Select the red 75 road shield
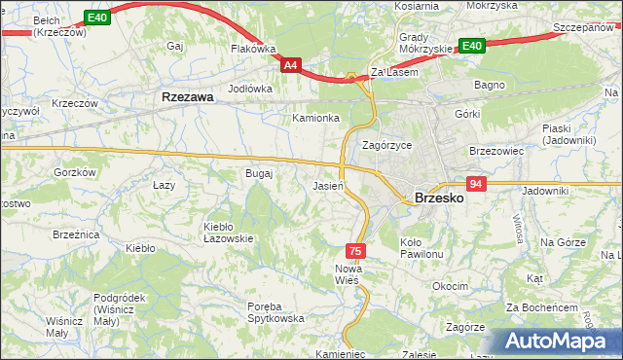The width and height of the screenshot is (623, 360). (x=356, y=250)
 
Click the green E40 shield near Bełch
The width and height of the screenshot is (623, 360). (x=96, y=18)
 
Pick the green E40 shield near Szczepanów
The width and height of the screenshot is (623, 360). (x=472, y=46)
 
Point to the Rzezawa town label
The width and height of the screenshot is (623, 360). (x=188, y=97)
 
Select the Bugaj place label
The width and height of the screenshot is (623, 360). (x=259, y=173)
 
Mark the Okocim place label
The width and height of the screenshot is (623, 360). (x=452, y=287)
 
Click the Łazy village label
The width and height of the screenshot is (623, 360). (x=164, y=183)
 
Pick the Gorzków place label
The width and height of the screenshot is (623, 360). (x=76, y=171)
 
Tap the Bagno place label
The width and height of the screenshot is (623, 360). (x=489, y=85)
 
